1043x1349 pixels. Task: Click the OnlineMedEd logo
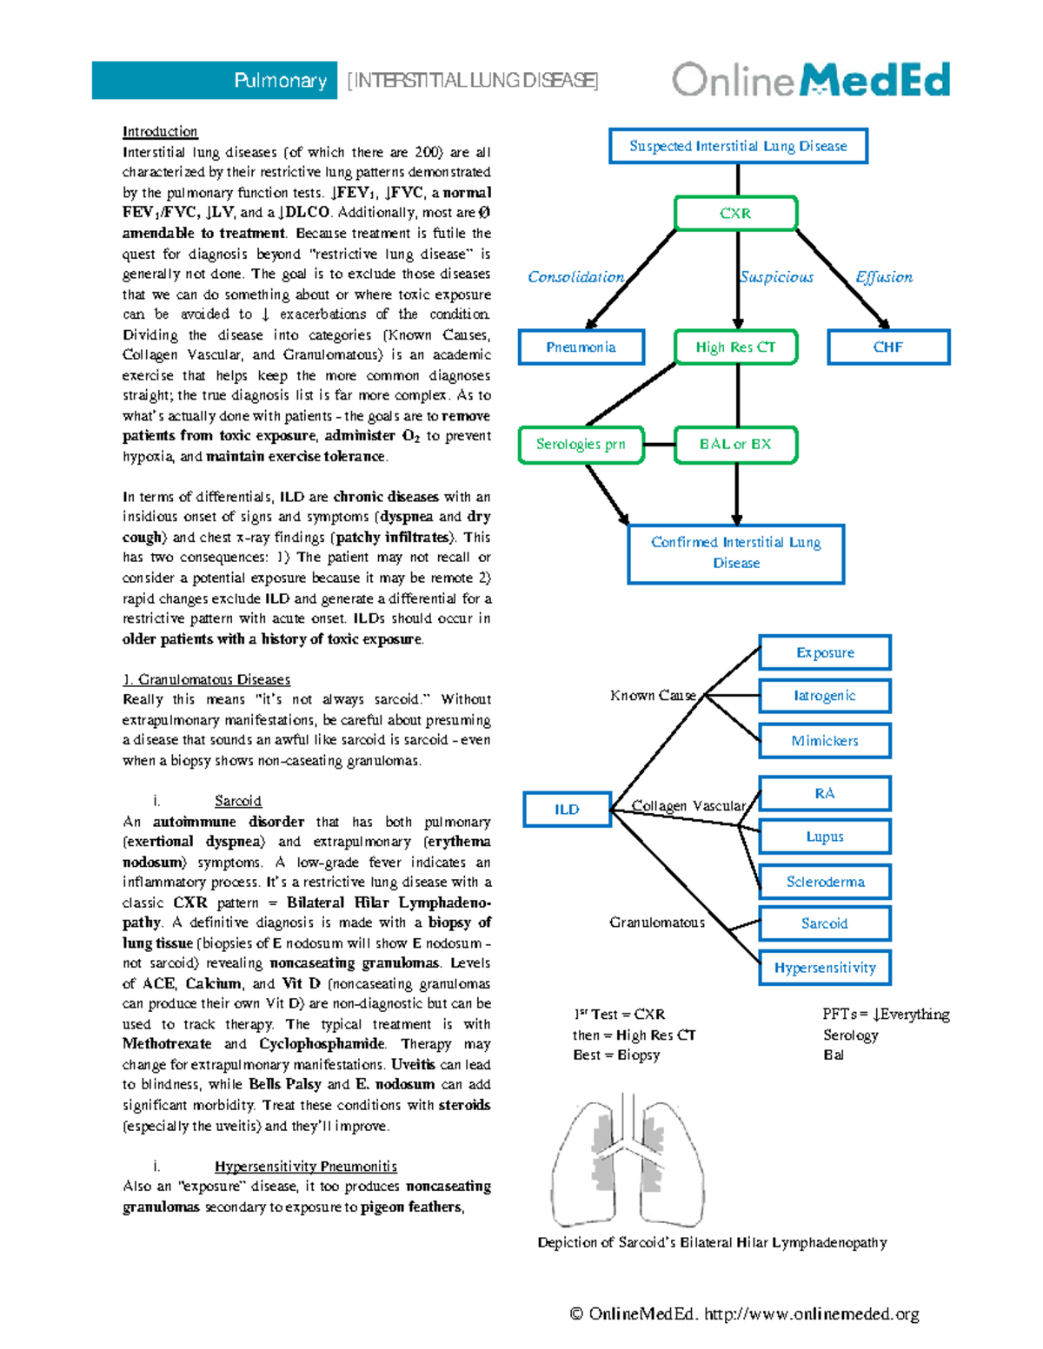(810, 80)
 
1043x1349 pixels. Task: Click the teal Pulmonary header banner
(215, 81)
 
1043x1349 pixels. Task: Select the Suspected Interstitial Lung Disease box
(738, 146)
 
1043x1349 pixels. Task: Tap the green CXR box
(735, 214)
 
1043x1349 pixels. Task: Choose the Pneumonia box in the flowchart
(581, 347)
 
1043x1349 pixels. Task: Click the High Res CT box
(735, 347)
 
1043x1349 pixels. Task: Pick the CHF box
(888, 347)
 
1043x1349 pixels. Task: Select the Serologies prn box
(581, 445)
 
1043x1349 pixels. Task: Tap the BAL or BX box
(735, 445)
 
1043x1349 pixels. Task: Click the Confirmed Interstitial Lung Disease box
(736, 553)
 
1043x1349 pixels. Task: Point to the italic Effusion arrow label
(884, 277)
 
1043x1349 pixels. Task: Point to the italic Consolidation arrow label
(575, 277)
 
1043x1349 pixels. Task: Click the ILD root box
(567, 810)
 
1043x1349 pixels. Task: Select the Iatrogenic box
(825, 696)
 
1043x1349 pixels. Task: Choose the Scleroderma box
(825, 882)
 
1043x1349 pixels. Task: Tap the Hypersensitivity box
(825, 968)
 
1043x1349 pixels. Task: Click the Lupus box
(825, 837)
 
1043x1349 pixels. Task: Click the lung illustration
(628, 1160)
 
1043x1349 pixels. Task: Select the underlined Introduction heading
(160, 132)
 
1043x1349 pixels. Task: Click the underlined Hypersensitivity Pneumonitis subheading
(306, 1167)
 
